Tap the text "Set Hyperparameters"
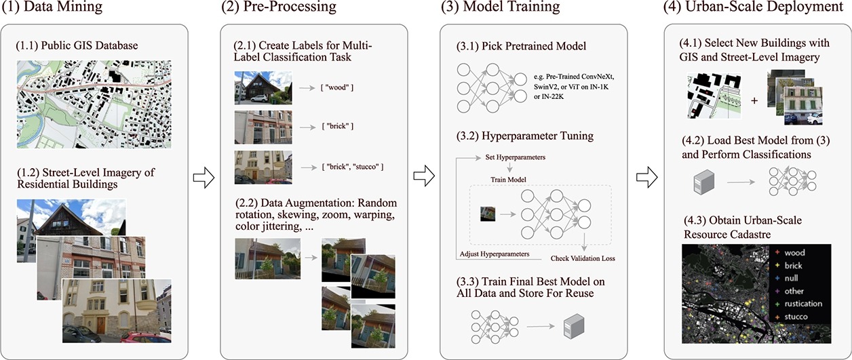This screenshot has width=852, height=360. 516,157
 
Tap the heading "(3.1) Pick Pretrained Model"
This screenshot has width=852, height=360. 520,46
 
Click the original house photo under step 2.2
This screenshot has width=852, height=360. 267,258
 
